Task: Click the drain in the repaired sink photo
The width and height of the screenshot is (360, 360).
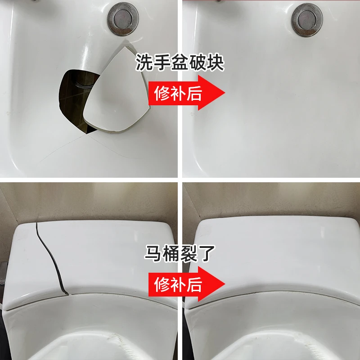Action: coord(307,19)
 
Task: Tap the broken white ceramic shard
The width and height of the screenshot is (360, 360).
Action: coord(117,90)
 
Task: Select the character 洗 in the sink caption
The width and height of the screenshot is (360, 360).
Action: coord(144,62)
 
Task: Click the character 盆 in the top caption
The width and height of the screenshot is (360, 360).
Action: coord(179,62)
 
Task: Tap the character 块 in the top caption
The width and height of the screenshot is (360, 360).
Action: coord(215,62)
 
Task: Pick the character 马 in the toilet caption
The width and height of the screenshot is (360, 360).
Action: coord(153,253)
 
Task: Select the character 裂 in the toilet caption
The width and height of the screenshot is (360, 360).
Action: coord(189,253)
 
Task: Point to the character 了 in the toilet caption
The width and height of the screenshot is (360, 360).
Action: coord(206,253)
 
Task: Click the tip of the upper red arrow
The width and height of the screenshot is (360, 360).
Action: coord(225,93)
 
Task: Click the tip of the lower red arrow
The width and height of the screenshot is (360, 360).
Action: coord(225,284)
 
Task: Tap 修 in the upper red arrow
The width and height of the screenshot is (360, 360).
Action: coord(162,93)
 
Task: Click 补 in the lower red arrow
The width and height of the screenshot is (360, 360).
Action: coord(178,284)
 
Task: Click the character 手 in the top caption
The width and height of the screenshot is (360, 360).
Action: coord(162,62)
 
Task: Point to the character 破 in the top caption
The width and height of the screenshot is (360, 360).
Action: coord(197,62)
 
